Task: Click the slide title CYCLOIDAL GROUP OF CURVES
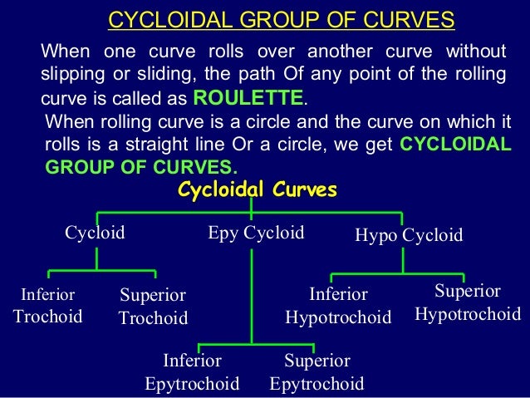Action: tap(282, 19)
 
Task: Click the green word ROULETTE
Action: tap(248, 99)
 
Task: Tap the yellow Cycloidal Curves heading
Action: tap(258, 191)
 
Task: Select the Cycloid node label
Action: tap(96, 233)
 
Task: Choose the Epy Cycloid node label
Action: tap(256, 233)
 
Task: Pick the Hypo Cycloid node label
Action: tap(409, 235)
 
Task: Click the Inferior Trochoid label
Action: tap(48, 306)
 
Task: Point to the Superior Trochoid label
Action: tap(153, 307)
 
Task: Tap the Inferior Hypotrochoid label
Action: tap(338, 306)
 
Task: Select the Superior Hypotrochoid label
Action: tap(468, 303)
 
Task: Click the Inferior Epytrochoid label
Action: tap(192, 372)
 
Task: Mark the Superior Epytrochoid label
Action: tap(317, 372)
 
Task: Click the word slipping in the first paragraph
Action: tap(69, 74)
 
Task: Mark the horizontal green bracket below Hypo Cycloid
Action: tap(404, 273)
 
